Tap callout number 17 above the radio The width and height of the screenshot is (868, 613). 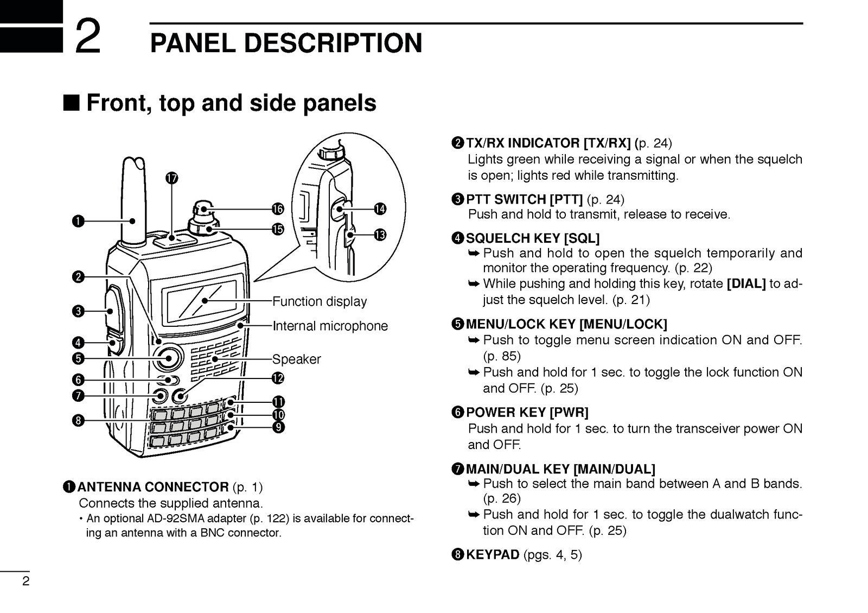click(172, 179)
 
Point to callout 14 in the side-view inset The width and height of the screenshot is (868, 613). click(380, 209)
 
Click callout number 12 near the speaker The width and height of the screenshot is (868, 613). click(278, 378)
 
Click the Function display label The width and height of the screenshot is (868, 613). click(319, 301)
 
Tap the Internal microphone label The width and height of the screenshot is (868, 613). click(330, 326)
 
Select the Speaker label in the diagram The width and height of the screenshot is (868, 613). click(296, 359)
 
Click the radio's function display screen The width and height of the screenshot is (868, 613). click(204, 301)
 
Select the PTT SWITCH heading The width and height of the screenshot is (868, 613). click(524, 199)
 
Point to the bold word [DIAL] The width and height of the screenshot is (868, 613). click(745, 283)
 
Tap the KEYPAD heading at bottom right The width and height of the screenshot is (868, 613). click(493, 554)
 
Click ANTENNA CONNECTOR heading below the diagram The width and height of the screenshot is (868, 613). click(153, 486)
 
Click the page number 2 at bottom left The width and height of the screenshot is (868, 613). click(25, 582)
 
